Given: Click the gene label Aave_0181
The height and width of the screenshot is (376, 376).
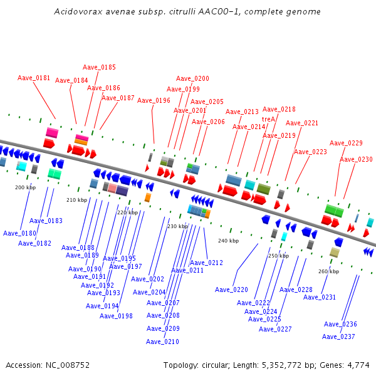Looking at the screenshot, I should pos(34,78).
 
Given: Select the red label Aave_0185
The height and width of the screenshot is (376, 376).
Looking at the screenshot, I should pos(99,67).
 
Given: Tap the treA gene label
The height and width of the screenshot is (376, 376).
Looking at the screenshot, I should pos(268,118).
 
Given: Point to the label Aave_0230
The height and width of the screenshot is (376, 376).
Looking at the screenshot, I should pos(356,159).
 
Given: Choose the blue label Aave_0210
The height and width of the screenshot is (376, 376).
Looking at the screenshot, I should pos(162,342).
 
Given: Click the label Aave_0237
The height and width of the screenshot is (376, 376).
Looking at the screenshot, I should pos(338,337).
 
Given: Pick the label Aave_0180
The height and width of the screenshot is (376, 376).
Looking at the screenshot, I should pos(19,233).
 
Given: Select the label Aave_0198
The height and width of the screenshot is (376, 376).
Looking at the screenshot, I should pos(116,316).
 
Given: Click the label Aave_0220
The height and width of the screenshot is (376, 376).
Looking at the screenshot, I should pos(231,290).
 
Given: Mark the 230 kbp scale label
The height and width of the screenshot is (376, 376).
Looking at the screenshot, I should pos(177,226).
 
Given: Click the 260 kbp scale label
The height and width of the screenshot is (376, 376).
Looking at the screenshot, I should pos(328,271).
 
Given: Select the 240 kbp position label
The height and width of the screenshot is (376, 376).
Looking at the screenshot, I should pos(228,241).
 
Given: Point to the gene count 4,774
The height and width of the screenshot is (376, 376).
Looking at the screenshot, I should pos(357,365).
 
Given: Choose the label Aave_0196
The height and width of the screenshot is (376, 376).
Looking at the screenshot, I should pos(154,100).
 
